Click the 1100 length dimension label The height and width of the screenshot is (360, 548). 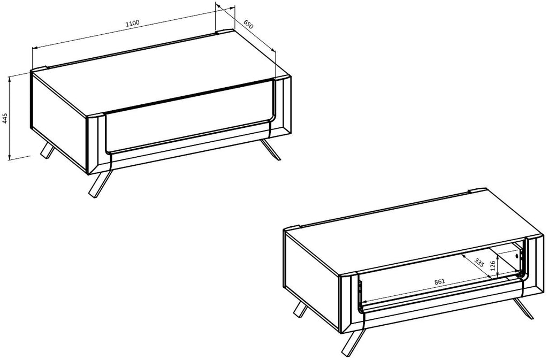(x=133, y=23)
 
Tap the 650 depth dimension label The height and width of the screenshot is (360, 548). (x=248, y=25)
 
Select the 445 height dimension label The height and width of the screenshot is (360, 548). (x=5, y=118)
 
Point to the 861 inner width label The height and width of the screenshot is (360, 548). (x=439, y=281)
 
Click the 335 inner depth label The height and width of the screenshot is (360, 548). (x=479, y=262)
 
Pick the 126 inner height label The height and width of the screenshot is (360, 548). (x=493, y=266)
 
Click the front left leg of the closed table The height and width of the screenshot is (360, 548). (x=100, y=183)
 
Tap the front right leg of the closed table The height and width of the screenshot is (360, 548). (x=271, y=149)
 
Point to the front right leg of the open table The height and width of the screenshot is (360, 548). (x=524, y=309)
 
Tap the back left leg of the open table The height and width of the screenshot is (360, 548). (x=300, y=309)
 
